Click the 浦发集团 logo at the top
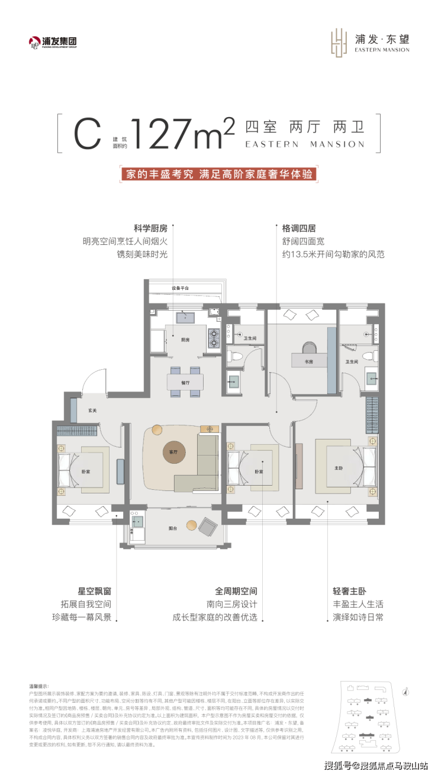(53, 42)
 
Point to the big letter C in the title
(87, 134)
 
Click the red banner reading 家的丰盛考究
(218, 175)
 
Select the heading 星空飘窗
(95, 574)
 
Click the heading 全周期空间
(236, 574)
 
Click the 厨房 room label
(185, 340)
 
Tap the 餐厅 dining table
(185, 382)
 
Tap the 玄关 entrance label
(93, 409)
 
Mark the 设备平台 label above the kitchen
(181, 288)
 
